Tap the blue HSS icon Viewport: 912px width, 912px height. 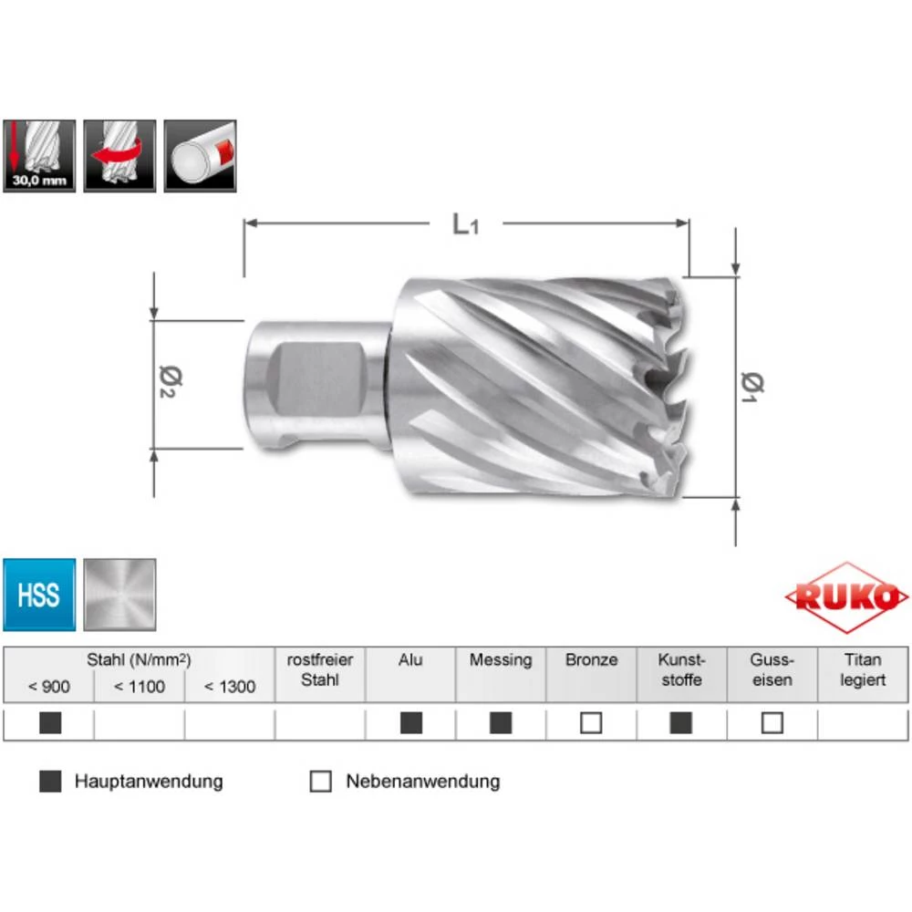38,596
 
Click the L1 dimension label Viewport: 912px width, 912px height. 465,224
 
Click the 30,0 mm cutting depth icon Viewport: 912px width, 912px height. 38,156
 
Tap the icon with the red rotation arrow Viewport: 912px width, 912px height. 119,156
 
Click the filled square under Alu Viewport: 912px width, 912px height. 411,723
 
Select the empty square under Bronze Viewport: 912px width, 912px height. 591,723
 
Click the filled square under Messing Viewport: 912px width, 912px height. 501,723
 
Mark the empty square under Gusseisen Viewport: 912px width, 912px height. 772,723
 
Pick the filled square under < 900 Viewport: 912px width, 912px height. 50,723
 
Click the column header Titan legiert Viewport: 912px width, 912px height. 863,670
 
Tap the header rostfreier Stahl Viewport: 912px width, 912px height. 320,670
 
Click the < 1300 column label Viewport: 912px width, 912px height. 230,687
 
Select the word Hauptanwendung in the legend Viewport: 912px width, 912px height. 149,782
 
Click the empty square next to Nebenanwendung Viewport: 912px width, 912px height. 321,782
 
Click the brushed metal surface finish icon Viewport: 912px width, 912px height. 119,596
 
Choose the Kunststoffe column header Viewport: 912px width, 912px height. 681,670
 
